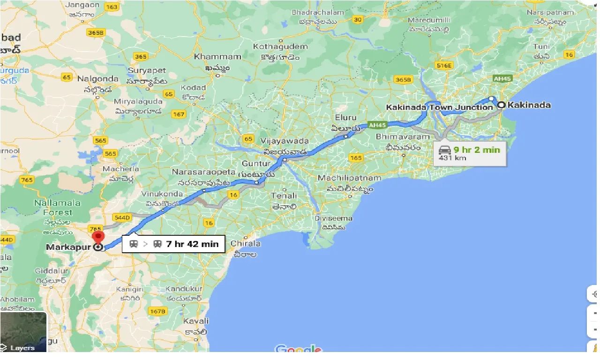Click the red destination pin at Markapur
(x=98, y=237)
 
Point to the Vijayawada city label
(x=286, y=141)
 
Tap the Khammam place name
(x=217, y=57)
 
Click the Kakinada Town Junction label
(x=439, y=107)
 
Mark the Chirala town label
(x=246, y=244)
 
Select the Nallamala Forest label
(x=57, y=208)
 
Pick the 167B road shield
(x=158, y=311)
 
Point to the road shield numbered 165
(x=356, y=158)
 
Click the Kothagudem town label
(x=280, y=46)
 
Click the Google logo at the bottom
(x=299, y=350)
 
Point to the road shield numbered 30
(x=358, y=19)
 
